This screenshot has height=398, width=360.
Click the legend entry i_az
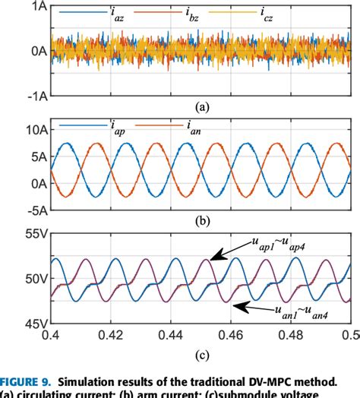tap(118, 14)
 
